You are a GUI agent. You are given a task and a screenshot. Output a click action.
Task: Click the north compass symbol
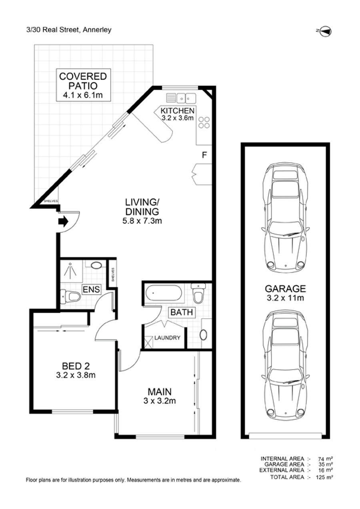(324, 31)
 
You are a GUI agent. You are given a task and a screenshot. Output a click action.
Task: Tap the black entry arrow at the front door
(64, 222)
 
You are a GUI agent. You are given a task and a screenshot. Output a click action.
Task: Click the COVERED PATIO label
(83, 81)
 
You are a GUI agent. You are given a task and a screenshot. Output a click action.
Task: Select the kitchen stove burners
(204, 122)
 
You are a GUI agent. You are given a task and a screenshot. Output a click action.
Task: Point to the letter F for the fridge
(204, 155)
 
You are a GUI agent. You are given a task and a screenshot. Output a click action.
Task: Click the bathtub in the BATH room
(164, 293)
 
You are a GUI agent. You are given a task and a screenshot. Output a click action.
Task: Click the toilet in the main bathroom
(198, 293)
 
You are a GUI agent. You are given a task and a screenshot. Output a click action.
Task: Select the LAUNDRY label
(167, 337)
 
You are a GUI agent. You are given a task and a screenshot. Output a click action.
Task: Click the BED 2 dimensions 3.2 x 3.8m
(76, 375)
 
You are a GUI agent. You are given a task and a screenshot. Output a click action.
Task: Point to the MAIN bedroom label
(160, 392)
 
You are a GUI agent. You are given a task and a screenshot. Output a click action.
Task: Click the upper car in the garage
(286, 218)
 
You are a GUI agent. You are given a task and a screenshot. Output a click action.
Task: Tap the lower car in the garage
(286, 366)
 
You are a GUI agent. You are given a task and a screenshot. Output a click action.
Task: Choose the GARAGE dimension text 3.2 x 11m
(286, 297)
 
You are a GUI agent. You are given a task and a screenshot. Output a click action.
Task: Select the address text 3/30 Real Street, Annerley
(69, 30)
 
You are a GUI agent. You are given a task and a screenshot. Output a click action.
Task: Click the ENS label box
(91, 289)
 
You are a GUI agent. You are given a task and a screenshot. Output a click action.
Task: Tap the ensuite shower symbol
(71, 270)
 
